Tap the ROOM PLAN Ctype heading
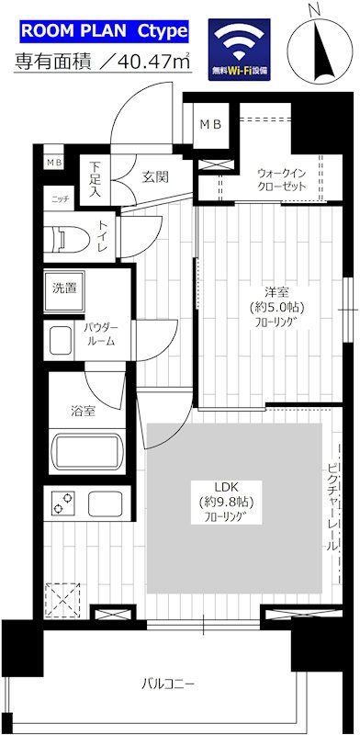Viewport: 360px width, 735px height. [x=104, y=33]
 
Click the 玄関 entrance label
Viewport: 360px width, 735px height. [x=154, y=176]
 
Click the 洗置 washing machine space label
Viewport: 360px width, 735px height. [x=64, y=288]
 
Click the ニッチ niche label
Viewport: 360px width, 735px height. [x=60, y=198]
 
